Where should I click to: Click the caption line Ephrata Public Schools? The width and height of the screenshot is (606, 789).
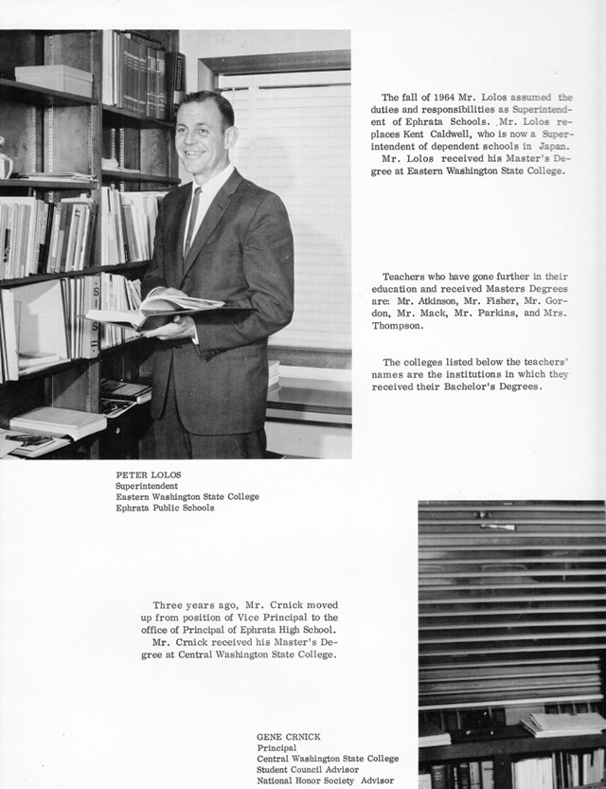tap(165, 508)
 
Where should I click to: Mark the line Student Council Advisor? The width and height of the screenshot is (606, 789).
tap(308, 770)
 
